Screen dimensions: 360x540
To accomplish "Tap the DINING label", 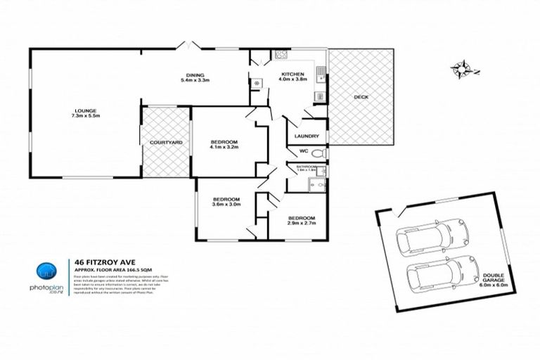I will pyautogui.click(x=195, y=76).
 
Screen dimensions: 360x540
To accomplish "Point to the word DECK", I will pyautogui.click(x=361, y=97).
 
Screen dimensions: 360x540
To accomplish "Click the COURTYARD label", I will pyautogui.click(x=166, y=143).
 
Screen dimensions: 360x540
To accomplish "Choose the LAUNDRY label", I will pyautogui.click(x=308, y=136).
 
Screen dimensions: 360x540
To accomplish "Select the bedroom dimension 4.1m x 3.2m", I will pyautogui.click(x=226, y=148).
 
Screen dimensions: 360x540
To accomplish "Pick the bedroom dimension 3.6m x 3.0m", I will pyautogui.click(x=227, y=205).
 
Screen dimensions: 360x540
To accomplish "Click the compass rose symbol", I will pyautogui.click(x=463, y=68).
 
